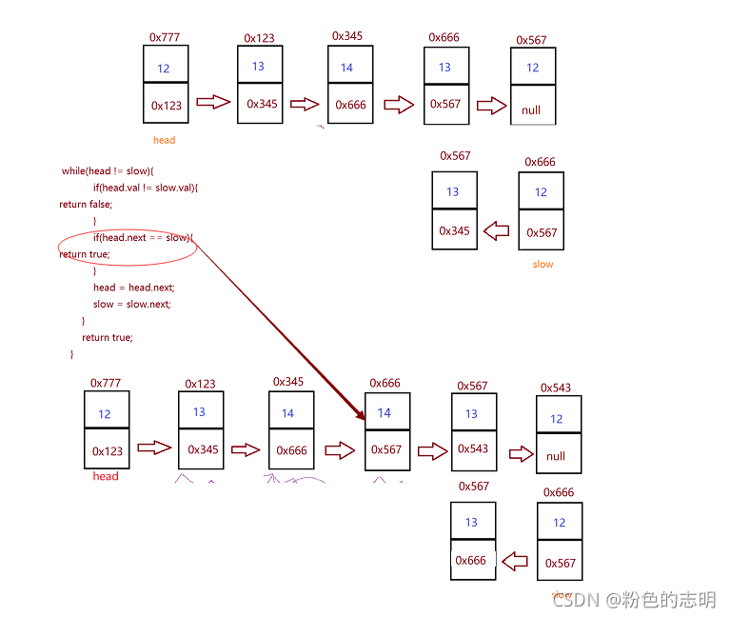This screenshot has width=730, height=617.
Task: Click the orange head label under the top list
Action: pos(165,140)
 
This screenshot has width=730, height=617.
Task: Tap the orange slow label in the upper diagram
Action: pos(543,264)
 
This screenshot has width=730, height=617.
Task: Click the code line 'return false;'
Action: pos(86,204)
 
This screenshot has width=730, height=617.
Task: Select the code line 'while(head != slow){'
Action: pos(108,170)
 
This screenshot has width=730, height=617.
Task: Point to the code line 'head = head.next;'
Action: pos(133,288)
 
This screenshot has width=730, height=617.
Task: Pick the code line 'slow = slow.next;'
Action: pos(131,305)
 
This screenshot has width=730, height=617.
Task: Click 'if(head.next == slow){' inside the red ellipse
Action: pos(142,237)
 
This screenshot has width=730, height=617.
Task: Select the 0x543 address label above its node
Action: pos(556,388)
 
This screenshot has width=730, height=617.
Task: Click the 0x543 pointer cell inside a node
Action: pos(473,448)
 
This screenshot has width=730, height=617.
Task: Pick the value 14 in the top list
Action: pos(346,68)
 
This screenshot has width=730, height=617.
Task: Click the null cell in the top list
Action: pos(531,109)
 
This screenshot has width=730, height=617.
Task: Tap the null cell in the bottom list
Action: pos(556,456)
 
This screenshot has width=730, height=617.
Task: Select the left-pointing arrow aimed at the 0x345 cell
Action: pos(497,230)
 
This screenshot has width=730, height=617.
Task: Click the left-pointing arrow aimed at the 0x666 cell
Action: pos(515,561)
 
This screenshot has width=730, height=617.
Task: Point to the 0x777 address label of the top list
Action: pos(165,38)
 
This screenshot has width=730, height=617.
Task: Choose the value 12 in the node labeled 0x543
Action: pos(557,419)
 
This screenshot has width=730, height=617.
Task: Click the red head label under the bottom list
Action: pos(106,476)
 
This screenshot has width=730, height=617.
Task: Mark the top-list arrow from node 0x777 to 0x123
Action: pos(213,102)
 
